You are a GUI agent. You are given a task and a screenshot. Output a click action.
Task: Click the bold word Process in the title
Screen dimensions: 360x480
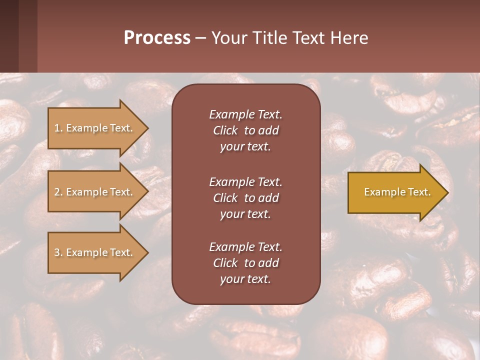pos(157,38)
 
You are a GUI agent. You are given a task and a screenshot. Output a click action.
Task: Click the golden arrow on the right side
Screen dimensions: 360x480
pos(395,192)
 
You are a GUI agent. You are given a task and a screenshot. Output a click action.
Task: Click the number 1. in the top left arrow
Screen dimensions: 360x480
pos(58,128)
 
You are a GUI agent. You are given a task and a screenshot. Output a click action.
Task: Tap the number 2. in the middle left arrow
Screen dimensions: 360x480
pos(58,192)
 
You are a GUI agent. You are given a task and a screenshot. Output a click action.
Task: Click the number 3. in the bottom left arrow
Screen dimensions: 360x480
pos(58,252)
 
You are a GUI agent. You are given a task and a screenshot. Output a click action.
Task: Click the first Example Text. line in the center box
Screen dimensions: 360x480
pos(245,114)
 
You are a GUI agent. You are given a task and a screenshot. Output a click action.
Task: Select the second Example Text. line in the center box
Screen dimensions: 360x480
pos(245,181)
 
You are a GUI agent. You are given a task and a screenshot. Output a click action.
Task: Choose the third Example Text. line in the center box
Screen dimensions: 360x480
pos(245,247)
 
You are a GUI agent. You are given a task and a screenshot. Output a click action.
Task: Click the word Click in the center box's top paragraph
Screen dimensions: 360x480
pos(225,131)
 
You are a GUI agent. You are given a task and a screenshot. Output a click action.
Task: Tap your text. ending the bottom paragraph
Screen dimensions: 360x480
pos(245,279)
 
